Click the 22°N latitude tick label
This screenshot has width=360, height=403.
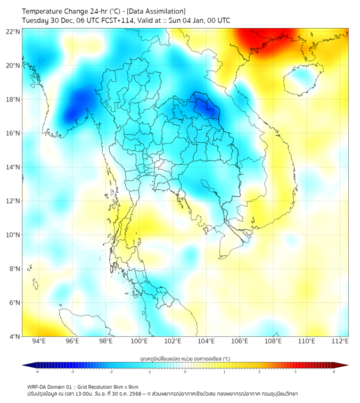[x=13, y=31]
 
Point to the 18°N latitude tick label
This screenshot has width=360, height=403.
[x=13, y=99]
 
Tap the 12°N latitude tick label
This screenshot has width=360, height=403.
[x=13, y=201]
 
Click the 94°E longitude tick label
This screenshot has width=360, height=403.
[x=39, y=341]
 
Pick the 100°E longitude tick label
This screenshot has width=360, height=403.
[x=139, y=341]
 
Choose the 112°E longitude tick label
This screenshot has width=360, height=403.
[x=340, y=341]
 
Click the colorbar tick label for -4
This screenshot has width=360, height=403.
[x=36, y=372]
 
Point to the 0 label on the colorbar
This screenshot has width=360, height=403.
[x=185, y=372]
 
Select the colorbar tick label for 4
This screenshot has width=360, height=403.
[x=334, y=372]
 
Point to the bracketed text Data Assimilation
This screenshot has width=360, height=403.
[x=157, y=11]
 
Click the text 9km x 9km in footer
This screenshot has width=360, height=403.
[x=126, y=386]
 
